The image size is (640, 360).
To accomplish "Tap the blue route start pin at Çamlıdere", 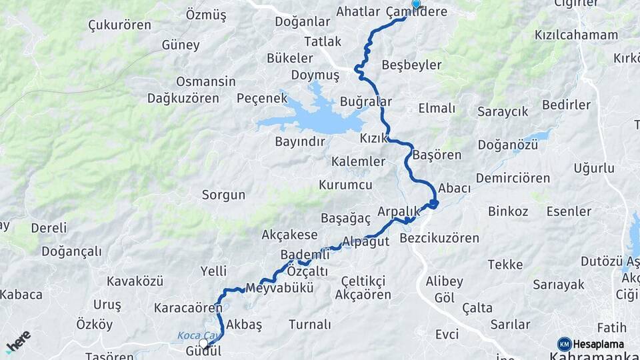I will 416,4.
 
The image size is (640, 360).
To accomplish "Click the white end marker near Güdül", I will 203,343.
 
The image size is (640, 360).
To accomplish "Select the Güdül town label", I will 203,351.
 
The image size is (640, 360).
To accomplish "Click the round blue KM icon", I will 565,344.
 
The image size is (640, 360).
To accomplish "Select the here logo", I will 18,341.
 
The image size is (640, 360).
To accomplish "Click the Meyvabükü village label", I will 279,289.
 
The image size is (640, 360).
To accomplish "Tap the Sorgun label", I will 224,195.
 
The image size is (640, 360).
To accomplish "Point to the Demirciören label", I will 513,178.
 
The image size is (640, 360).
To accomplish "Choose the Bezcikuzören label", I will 439,238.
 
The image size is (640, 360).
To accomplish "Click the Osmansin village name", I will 206,81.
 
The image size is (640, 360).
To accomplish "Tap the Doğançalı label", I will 71,251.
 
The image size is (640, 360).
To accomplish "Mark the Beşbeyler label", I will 412,65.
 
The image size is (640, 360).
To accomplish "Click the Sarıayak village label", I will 559,285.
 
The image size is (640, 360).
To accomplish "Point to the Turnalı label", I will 310,325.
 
